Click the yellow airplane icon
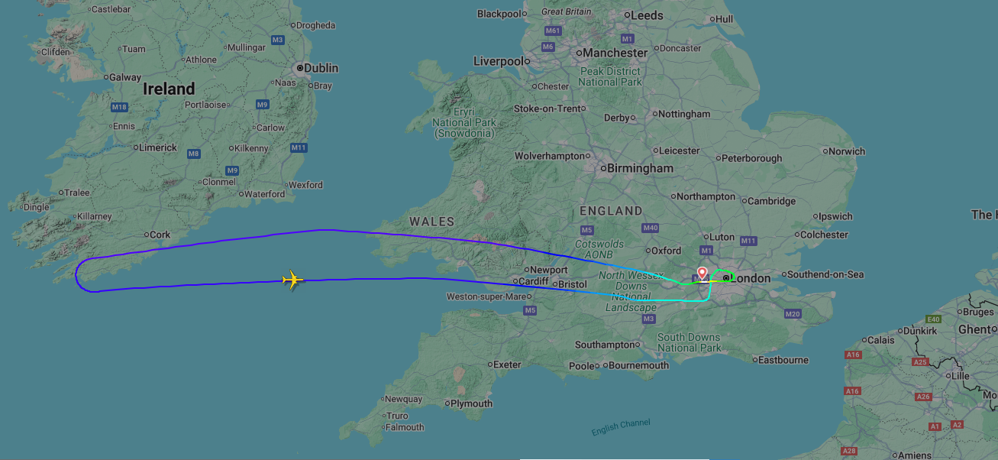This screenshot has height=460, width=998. [x=292, y=280]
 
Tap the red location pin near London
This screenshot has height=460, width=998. [x=702, y=273]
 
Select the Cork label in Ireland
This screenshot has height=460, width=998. [x=160, y=235]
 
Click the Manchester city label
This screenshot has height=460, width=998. [x=615, y=53]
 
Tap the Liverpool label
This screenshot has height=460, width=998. [x=498, y=61]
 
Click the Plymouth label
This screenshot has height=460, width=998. [x=471, y=403]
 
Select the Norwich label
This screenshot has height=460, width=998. [x=846, y=151]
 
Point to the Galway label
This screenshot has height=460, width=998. [x=124, y=77]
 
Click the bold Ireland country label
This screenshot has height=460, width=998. [x=169, y=89]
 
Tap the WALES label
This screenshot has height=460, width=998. [x=431, y=222]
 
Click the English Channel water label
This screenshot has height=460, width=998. [x=621, y=427]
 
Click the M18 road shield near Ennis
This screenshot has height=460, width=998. [x=118, y=107]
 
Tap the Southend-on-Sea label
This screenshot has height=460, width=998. [x=825, y=274]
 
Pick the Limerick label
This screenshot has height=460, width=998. [x=157, y=147]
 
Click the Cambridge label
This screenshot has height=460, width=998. [x=771, y=201]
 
